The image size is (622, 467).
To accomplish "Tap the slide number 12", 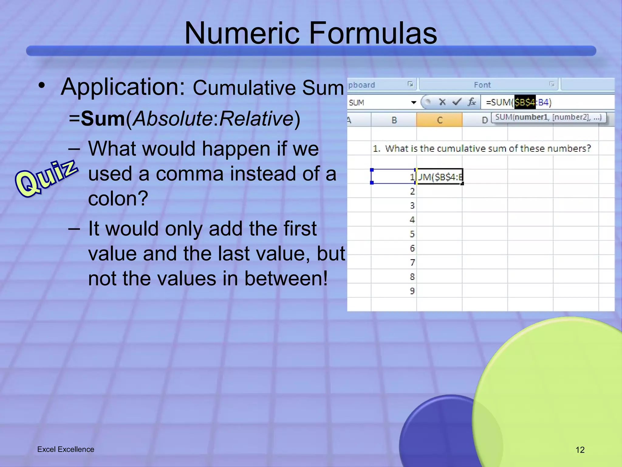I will click(580, 450).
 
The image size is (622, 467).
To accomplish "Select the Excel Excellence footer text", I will click(66, 449).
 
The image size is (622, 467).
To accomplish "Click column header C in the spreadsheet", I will click(439, 120).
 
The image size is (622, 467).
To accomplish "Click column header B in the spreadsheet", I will click(394, 120).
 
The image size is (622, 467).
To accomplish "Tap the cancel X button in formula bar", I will click(442, 102).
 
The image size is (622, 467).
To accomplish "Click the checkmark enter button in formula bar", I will click(457, 102).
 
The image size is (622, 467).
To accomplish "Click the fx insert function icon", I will click(471, 102).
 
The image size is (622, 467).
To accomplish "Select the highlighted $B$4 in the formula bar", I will click(525, 102).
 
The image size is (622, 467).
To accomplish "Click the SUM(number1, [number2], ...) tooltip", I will click(549, 117).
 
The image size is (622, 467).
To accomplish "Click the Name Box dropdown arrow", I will click(413, 102).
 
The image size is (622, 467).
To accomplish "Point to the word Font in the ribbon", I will click(482, 85).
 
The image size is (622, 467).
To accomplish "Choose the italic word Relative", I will click(256, 119).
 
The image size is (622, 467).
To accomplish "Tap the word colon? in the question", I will click(118, 199).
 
